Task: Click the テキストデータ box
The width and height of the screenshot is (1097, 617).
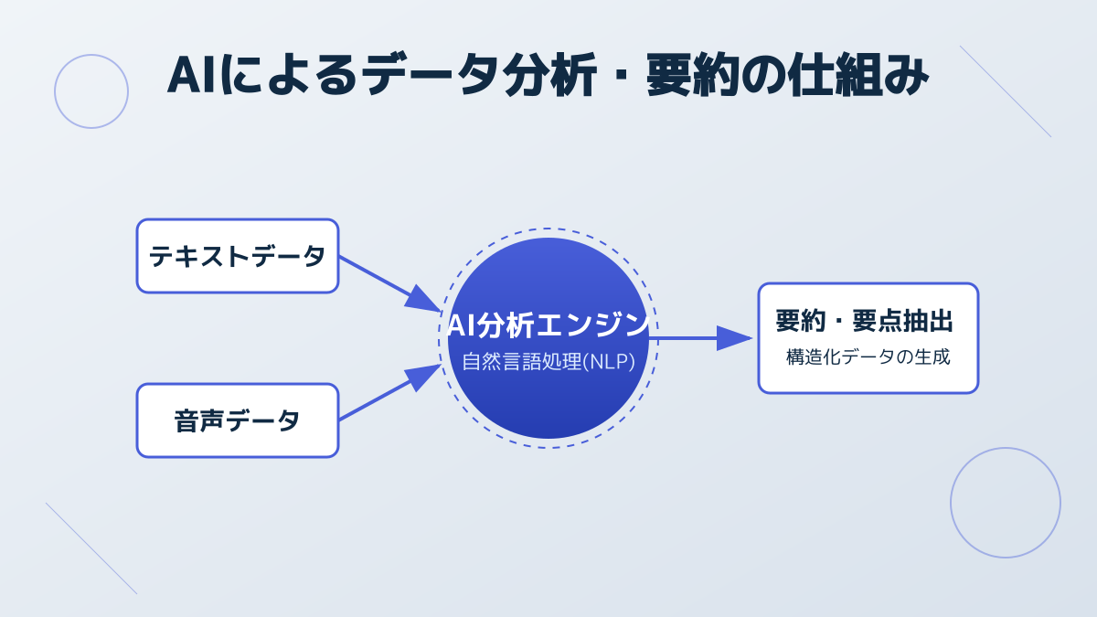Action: pos(238,256)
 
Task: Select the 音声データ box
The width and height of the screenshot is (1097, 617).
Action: pos(238,420)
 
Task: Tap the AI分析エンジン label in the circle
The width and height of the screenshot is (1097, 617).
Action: pos(548,324)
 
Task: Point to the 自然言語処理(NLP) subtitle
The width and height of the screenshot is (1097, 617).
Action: pos(548,361)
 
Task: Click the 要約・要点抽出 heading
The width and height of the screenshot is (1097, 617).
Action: pos(864,322)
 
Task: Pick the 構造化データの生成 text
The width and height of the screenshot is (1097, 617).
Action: pos(868,357)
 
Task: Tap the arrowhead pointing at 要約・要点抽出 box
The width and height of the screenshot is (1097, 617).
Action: pos(734,338)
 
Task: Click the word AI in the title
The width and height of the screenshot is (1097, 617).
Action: pos(194,76)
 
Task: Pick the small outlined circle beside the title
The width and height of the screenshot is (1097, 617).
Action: pos(91,91)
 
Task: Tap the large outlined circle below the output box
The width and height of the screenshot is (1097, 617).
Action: pos(1006,503)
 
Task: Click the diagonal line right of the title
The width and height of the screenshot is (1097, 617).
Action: pos(1006,91)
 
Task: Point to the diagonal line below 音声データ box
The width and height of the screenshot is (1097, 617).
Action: pos(91,548)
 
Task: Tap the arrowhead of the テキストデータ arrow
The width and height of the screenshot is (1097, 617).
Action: pos(423,300)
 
